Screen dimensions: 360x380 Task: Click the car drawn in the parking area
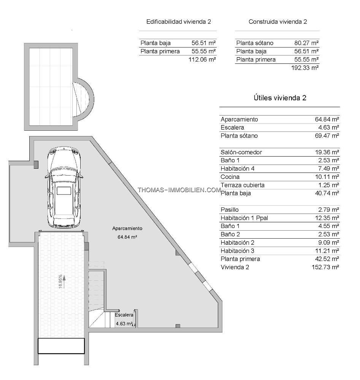point(64,187)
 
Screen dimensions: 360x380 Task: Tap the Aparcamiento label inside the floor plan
point(127,228)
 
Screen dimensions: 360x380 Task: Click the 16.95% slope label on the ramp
point(60,281)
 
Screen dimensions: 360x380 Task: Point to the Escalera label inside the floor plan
point(124,315)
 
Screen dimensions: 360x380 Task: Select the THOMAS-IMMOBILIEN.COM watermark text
point(179,190)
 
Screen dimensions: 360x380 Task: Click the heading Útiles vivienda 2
point(280,98)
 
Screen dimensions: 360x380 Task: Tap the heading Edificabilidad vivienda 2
point(179,22)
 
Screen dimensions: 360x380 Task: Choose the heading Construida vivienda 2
point(278,22)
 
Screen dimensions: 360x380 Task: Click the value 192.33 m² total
point(305,68)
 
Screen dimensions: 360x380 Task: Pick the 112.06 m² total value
point(202,59)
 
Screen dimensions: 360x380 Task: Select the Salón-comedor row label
point(241,152)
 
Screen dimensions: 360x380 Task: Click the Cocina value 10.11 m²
point(327,177)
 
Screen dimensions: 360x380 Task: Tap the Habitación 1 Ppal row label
point(244,218)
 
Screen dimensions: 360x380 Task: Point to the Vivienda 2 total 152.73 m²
point(325,267)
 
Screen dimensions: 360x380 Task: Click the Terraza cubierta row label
point(243,185)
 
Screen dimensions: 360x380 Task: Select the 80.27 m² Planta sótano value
point(306,43)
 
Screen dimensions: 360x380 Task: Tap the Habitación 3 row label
point(237,250)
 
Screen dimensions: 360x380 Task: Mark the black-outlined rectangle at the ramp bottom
point(61,346)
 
